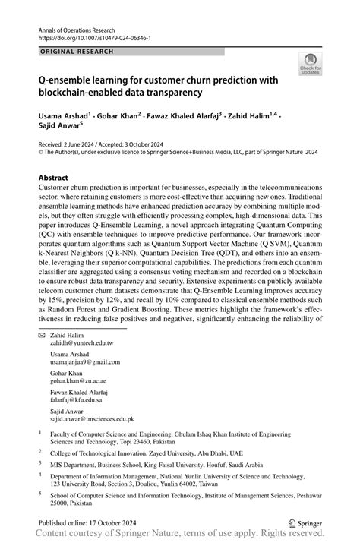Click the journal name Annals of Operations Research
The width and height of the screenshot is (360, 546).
[x=77, y=27]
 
